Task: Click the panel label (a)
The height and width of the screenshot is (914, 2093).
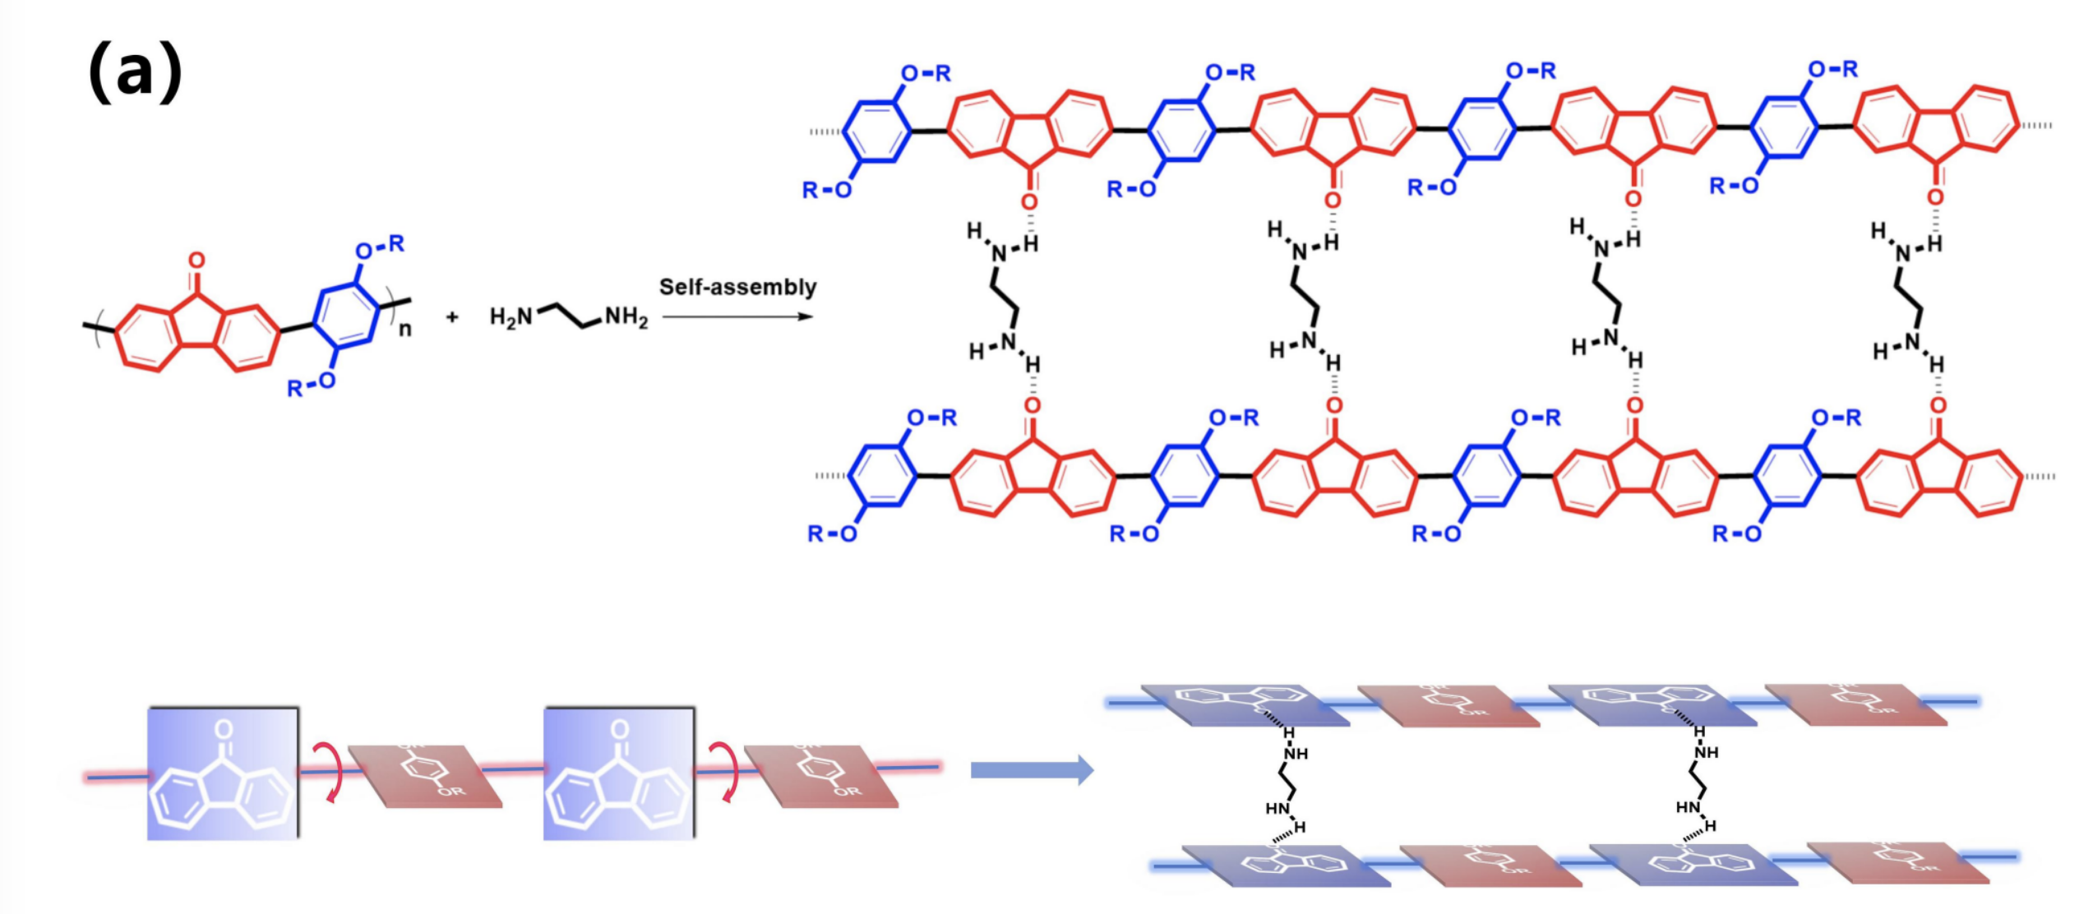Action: [135, 72]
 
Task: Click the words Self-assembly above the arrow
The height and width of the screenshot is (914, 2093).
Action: [737, 287]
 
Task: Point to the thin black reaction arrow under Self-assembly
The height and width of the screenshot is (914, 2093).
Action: [737, 316]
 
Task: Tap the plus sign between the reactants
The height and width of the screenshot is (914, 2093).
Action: [452, 316]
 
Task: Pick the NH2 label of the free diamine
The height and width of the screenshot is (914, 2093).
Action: [626, 316]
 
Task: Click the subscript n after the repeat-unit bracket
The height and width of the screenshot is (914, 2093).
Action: [404, 330]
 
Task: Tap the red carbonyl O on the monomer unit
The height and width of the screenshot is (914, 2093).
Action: [196, 261]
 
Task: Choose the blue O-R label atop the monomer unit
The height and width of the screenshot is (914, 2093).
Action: [380, 247]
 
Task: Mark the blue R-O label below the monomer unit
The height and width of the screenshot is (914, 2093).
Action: [311, 385]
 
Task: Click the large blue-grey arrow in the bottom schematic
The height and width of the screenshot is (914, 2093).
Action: [1032, 770]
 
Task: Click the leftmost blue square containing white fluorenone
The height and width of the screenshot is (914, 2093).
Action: [223, 773]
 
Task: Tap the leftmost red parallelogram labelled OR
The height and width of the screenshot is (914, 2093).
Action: [425, 777]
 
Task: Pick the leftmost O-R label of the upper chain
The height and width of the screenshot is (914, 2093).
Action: [926, 73]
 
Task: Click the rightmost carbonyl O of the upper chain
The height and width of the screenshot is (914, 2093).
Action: [1936, 197]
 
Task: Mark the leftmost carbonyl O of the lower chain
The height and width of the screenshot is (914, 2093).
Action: [1033, 405]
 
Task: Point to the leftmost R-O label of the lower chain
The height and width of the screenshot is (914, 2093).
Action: [832, 534]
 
